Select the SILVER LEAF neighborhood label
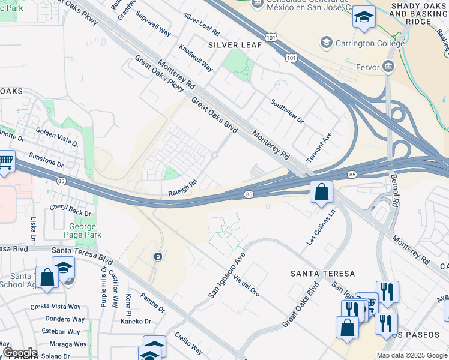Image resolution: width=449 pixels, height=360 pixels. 230,45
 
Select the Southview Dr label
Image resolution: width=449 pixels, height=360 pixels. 287,112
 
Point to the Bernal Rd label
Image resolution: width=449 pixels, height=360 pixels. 395,192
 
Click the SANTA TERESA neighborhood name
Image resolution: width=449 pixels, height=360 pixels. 322,274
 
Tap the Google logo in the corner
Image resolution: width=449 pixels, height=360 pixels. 20,353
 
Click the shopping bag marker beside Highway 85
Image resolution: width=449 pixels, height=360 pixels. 321,193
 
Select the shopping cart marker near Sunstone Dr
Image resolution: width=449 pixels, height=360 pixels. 5,161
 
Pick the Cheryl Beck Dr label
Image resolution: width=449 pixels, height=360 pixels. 70,210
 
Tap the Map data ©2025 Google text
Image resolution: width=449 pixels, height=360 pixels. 411,355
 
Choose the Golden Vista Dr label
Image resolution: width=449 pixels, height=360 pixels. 56,137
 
